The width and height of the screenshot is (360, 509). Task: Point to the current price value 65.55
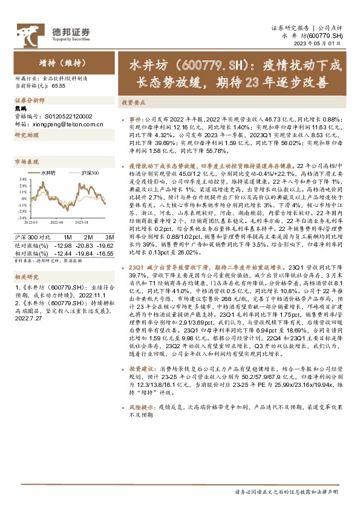[59, 86]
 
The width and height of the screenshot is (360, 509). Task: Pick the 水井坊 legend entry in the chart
[48, 173]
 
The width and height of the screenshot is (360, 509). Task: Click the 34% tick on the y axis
[22, 180]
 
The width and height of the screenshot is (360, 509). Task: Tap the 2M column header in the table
[87, 236]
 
